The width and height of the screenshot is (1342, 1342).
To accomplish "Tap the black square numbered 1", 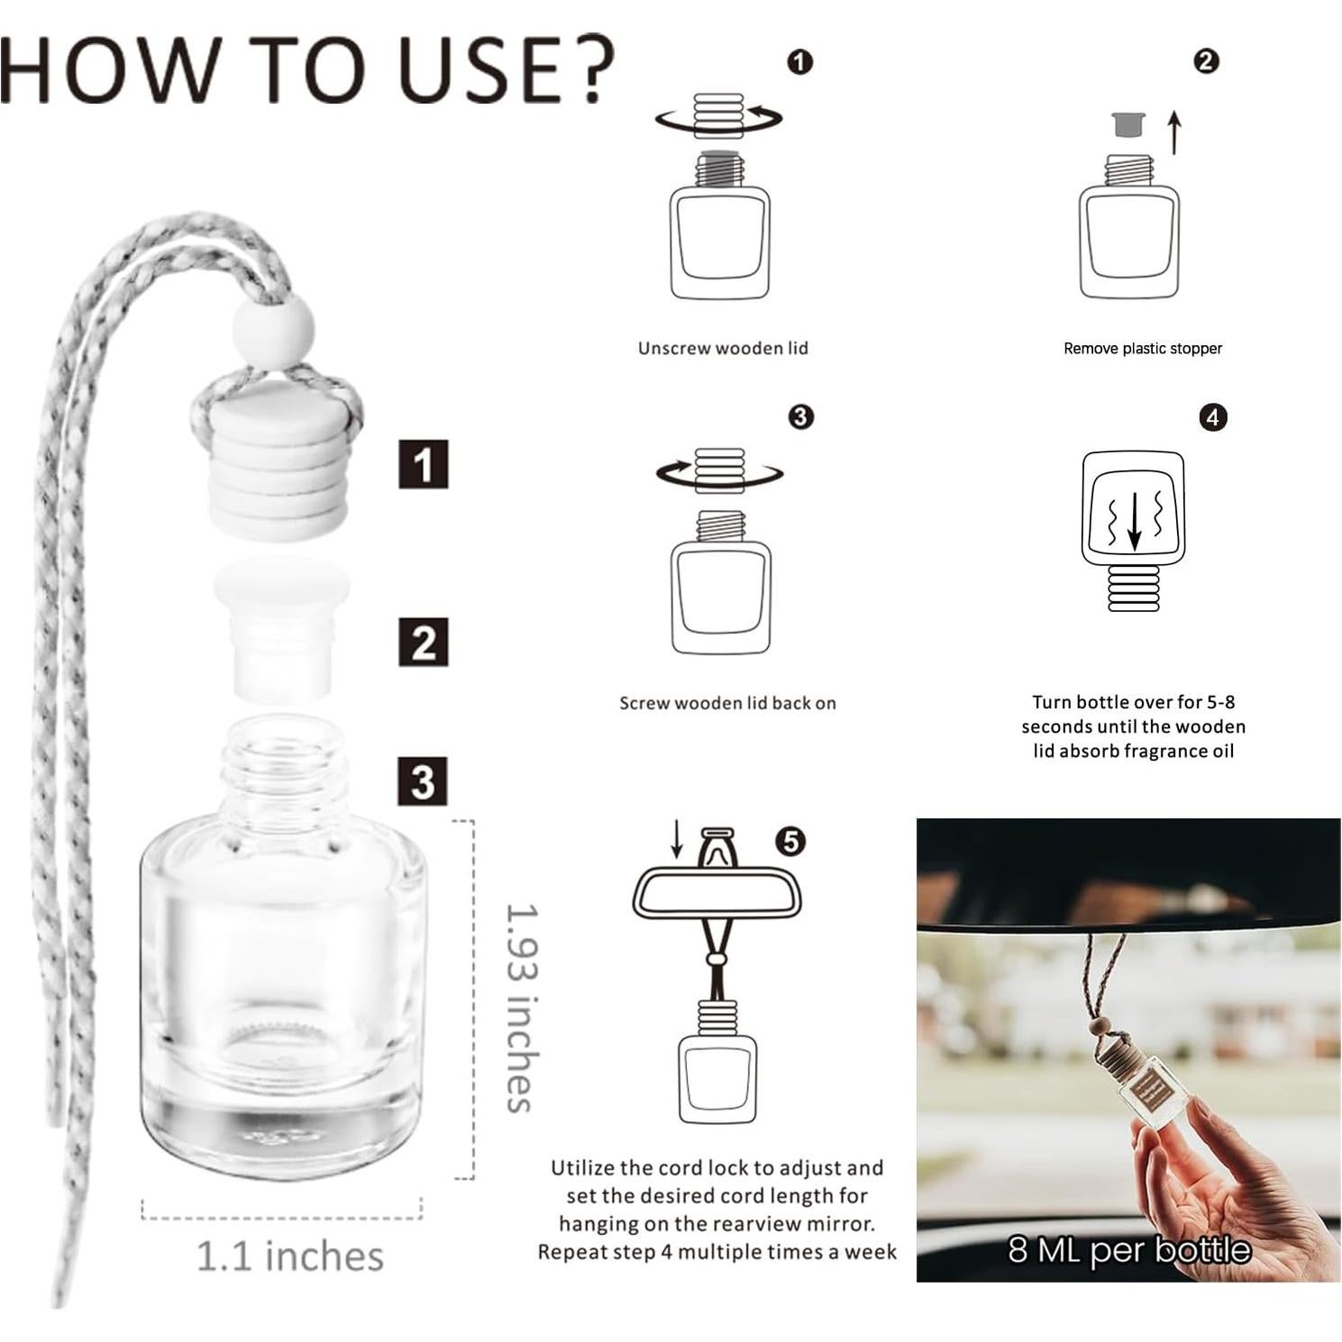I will pos(423,465).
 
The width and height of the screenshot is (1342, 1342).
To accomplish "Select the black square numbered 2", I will pos(423,643).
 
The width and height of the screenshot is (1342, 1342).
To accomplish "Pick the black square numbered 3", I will pos(423,781).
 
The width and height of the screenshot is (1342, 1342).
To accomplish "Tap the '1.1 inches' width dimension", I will pos(289,1255).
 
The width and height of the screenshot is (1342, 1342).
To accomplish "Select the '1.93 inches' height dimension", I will pos(522,1008).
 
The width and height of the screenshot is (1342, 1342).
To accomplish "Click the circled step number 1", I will pos(799,62).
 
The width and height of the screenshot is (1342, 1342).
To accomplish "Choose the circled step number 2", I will pos(1206,61).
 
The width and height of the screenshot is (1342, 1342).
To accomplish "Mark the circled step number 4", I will pos(1212,417).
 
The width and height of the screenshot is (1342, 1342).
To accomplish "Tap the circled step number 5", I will pos(790,842).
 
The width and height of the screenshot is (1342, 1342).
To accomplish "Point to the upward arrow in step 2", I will pos(1173,132).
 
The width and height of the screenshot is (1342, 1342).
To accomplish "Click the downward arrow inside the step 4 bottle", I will pos(1134,520).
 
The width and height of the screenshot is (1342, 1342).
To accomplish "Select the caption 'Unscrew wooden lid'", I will pos(723,348).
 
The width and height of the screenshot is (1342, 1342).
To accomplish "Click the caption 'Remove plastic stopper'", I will pos(1142,349).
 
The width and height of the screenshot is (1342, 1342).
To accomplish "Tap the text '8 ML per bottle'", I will pos(1128,1250).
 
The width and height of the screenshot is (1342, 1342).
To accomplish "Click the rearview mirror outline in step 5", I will pos(717,892).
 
